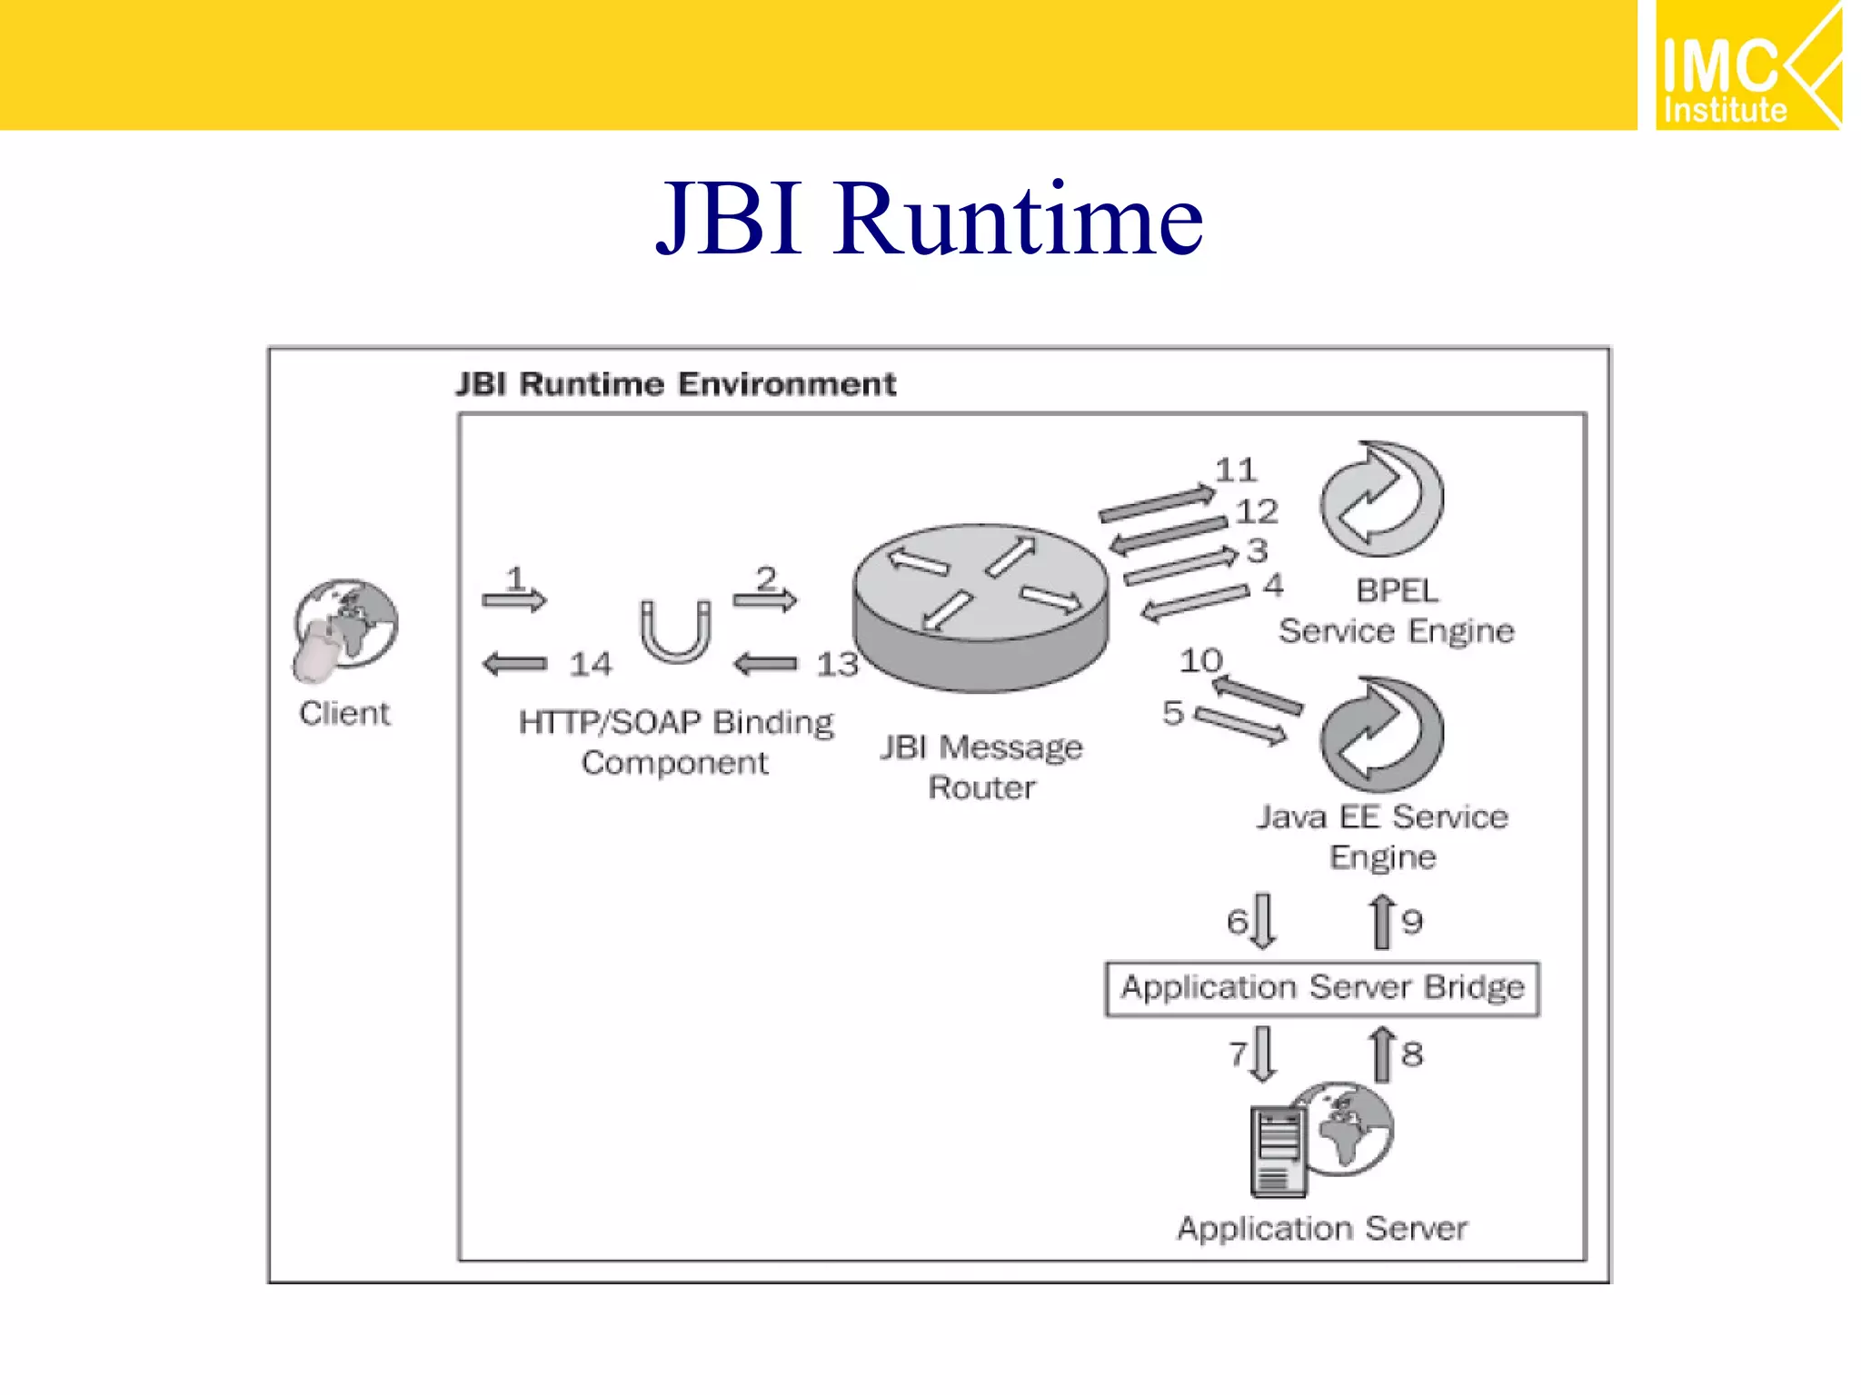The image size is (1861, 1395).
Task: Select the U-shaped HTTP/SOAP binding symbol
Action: click(x=674, y=631)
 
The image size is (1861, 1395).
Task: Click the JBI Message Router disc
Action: click(x=980, y=606)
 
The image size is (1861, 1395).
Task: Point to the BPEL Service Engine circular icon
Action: click(x=1381, y=500)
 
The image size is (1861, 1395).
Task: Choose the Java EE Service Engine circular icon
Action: click(x=1381, y=735)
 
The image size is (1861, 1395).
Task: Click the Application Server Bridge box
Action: click(x=1322, y=988)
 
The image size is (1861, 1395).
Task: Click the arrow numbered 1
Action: click(x=514, y=599)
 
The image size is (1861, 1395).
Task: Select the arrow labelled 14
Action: click(x=515, y=664)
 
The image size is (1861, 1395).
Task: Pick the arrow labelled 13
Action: click(x=765, y=664)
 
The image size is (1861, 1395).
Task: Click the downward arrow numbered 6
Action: click(x=1263, y=921)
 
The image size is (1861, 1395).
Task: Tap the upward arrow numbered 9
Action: click(x=1382, y=921)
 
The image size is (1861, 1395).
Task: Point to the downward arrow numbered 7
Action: click(x=1263, y=1054)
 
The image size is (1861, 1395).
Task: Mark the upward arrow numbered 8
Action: click(x=1382, y=1054)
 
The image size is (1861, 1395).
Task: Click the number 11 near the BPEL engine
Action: click(x=1236, y=470)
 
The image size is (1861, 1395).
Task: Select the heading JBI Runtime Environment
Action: click(x=676, y=384)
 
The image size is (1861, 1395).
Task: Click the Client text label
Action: click(x=345, y=713)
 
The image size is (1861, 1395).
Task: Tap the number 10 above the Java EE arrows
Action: click(x=1201, y=660)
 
